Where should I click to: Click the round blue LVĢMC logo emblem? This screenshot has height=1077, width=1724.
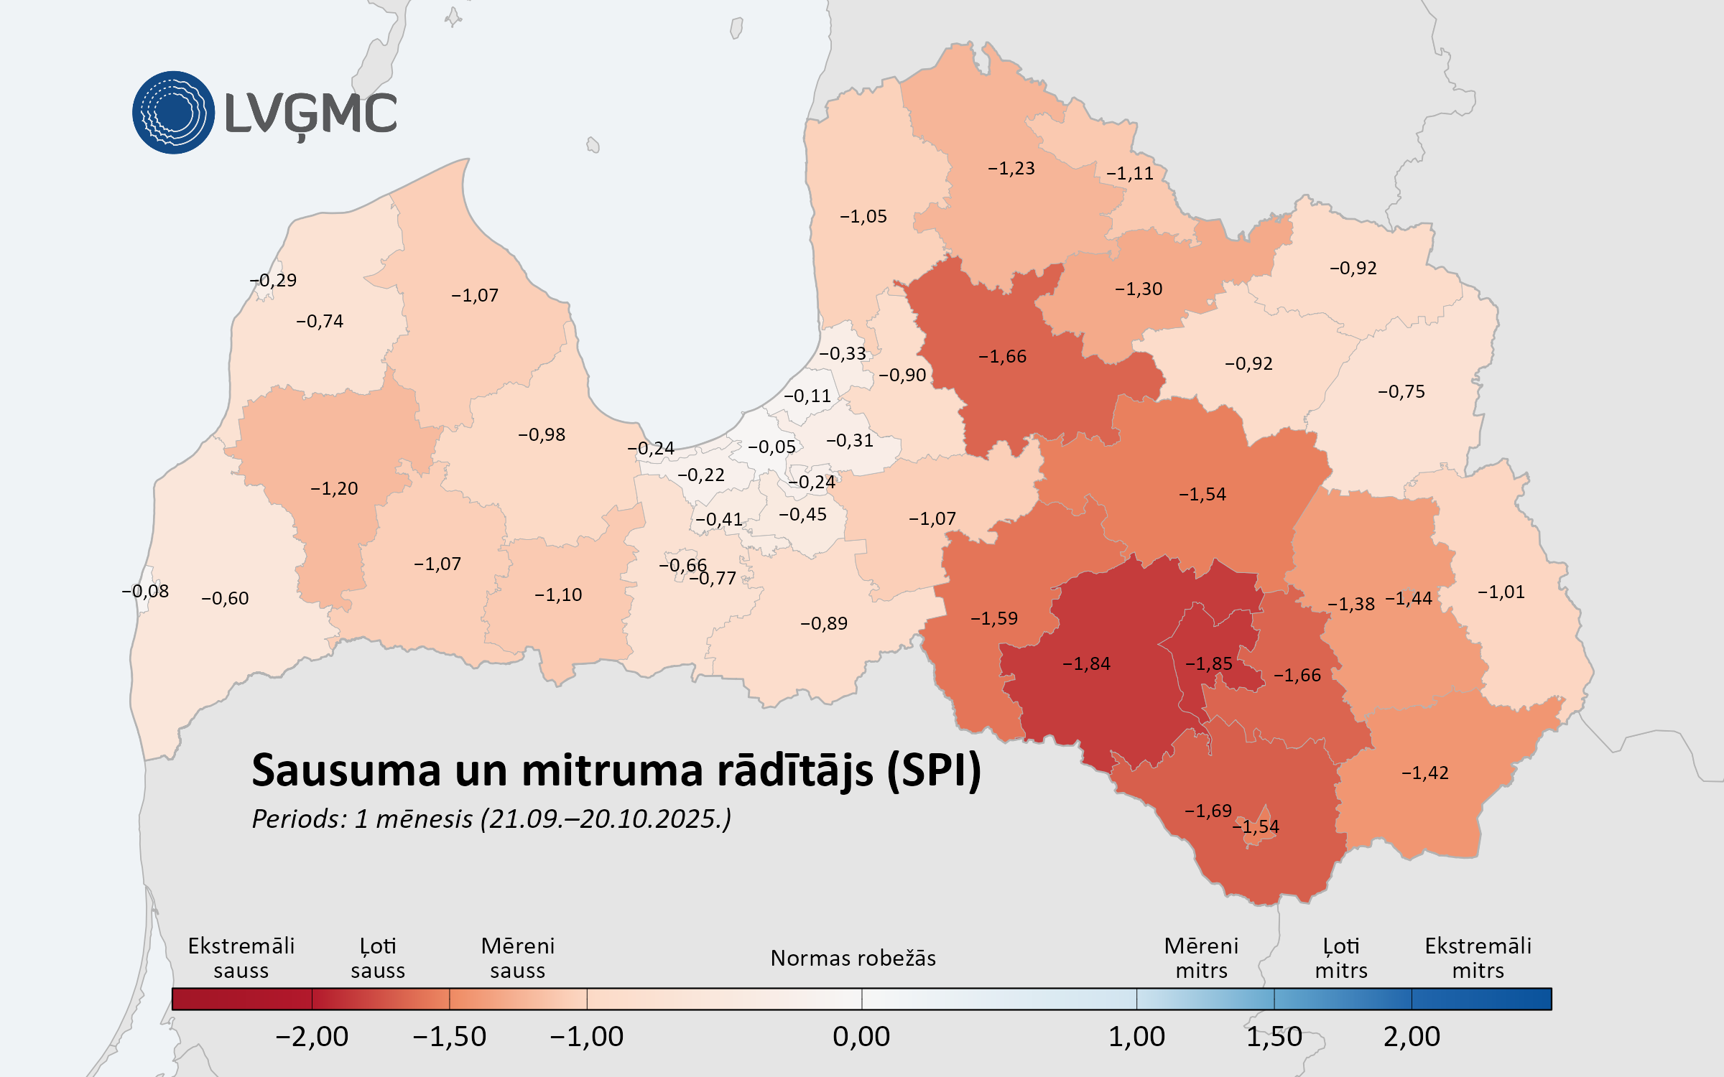point(173,112)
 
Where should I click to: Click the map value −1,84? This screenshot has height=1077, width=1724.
point(1086,664)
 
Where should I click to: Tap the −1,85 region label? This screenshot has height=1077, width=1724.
point(1208,664)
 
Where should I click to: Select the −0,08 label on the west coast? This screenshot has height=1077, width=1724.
point(145,592)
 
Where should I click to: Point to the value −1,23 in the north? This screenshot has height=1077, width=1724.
point(1011,169)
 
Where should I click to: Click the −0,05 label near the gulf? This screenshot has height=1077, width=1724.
point(771,447)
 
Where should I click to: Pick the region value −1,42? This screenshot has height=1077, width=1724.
point(1424,773)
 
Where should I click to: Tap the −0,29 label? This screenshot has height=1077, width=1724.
point(273,281)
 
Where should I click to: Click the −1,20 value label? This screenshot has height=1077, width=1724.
point(334,489)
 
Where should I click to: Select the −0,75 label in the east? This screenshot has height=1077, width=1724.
point(1401,392)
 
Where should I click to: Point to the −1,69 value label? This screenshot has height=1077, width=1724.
point(1208,811)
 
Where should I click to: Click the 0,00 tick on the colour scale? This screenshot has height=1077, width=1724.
point(861,1037)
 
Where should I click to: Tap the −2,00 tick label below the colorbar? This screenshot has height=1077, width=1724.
point(312,1037)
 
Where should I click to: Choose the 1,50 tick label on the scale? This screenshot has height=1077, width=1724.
point(1274,1037)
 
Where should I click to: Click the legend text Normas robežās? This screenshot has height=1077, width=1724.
point(853,959)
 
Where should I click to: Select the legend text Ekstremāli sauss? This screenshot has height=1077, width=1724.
point(241,959)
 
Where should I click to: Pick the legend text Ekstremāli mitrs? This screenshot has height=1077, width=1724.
point(1478,959)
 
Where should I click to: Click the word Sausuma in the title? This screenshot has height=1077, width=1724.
point(346,771)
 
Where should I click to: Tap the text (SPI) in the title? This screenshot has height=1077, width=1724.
point(934,771)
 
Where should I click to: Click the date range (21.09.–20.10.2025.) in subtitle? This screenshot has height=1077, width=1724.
point(606,819)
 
